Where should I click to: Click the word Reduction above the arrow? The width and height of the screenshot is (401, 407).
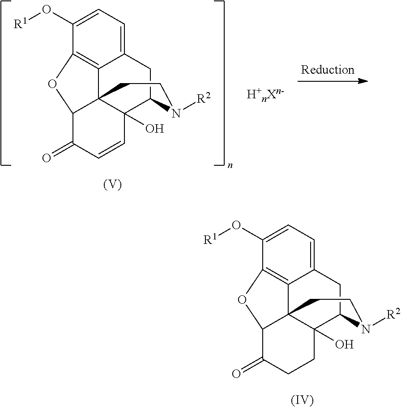coord(328,70)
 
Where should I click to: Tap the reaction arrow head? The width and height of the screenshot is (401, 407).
coord(363,81)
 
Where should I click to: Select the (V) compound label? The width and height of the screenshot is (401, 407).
coord(112,185)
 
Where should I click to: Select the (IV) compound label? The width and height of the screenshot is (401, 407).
coord(302,400)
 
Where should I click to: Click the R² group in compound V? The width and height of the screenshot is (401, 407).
coord(203,98)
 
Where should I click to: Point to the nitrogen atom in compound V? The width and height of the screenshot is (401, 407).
coord(176,113)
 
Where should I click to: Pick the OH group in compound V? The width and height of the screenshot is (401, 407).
coord(155,128)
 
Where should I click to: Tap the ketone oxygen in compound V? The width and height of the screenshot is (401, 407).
coord(47,158)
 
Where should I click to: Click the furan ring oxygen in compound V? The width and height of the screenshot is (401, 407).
coord(52,84)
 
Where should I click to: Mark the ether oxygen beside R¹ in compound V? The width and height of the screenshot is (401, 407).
coord(47,10)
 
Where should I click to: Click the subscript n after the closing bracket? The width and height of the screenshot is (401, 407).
coord(230,165)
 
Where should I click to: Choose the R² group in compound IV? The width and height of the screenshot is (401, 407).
coord(393,315)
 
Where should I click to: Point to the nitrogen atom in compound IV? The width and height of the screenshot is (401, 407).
coord(366,329)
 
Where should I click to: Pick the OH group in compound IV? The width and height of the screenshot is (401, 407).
coord(345,344)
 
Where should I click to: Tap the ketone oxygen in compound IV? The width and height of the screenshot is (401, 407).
coord(236,373)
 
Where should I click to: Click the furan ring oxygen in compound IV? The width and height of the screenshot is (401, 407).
coord(242,300)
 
